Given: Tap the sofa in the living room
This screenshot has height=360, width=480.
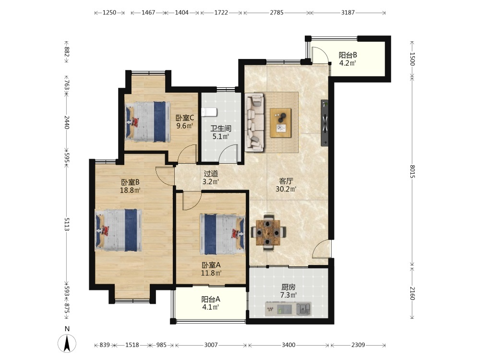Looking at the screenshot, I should coord(255,121).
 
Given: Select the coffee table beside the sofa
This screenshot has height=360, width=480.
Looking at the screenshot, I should coord(281,123).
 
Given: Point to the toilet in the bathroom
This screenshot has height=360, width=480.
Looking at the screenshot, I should coord(210,112).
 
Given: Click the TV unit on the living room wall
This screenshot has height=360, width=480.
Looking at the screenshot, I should coord(325,123).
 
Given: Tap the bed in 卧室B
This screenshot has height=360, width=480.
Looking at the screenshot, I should coord(119,230).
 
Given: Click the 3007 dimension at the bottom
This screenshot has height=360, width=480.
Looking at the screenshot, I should coord(211,345).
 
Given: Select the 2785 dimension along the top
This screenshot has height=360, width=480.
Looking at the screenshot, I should coord(276,13).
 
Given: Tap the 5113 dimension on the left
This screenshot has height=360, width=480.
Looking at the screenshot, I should coord(67,225).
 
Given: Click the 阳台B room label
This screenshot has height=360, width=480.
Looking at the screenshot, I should coord(348,54).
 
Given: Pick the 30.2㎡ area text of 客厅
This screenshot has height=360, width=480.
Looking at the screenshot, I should coord(287,189).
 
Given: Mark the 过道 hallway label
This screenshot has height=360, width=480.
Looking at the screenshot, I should coord(211,174).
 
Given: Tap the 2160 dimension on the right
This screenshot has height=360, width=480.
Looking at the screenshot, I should coord(412,292).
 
